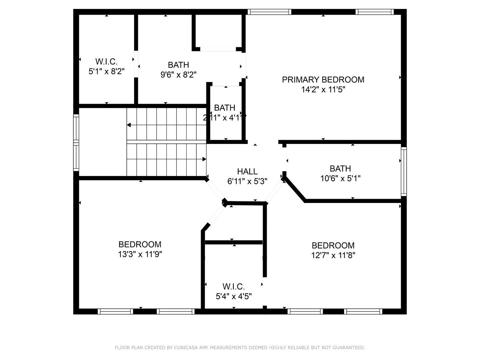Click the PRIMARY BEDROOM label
(x=323, y=80)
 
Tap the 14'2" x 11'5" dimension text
(x=323, y=90)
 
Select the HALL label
(x=247, y=172)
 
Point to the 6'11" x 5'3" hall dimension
(x=247, y=181)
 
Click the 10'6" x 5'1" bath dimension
(x=340, y=179)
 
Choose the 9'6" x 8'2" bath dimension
(x=178, y=75)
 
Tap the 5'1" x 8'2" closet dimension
(x=106, y=71)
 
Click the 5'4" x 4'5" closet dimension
(x=234, y=296)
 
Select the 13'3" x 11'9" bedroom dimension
(x=140, y=254)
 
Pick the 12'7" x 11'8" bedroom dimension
(x=333, y=255)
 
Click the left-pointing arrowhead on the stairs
(x=129, y=125)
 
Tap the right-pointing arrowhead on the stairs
(x=204, y=159)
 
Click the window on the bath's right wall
(x=404, y=172)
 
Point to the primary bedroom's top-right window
(x=375, y=12)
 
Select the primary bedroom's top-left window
(x=269, y=12)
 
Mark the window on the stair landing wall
(x=76, y=143)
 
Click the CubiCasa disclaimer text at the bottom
(x=240, y=348)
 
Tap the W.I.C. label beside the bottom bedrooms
(x=234, y=287)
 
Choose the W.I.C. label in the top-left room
(x=106, y=62)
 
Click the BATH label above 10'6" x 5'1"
(x=340, y=169)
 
